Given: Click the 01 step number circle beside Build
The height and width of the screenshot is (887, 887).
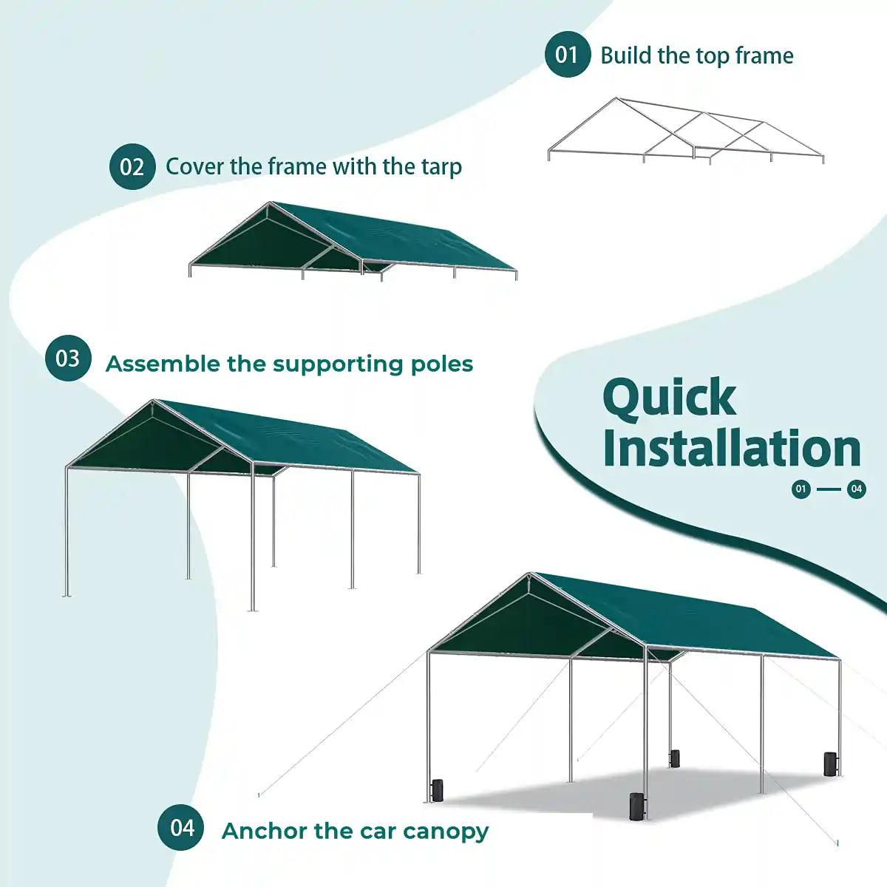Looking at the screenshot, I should [567, 55].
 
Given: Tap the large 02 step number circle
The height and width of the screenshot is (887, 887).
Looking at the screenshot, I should [132, 166].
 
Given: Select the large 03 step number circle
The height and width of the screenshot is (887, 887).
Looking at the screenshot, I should [68, 358].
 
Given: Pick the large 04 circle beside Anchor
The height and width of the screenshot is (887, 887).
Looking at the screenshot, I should [181, 828].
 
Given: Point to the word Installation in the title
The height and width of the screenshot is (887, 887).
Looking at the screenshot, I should [732, 449].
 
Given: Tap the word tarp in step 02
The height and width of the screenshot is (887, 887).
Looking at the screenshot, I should [441, 167].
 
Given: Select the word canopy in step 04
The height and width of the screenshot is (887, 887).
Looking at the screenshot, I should [446, 832].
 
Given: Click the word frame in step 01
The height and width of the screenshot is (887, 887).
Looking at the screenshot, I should [764, 55].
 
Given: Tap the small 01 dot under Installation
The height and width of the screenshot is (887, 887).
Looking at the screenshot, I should [801, 489].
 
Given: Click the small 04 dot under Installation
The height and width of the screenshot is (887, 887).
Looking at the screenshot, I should [856, 489].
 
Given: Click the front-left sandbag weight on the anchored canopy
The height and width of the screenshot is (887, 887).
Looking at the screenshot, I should [437, 789].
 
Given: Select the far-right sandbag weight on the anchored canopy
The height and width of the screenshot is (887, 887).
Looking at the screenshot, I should [830, 764].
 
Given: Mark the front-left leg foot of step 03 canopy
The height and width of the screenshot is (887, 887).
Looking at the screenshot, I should [67, 594].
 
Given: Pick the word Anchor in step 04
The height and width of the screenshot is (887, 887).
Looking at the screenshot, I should [264, 831].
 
